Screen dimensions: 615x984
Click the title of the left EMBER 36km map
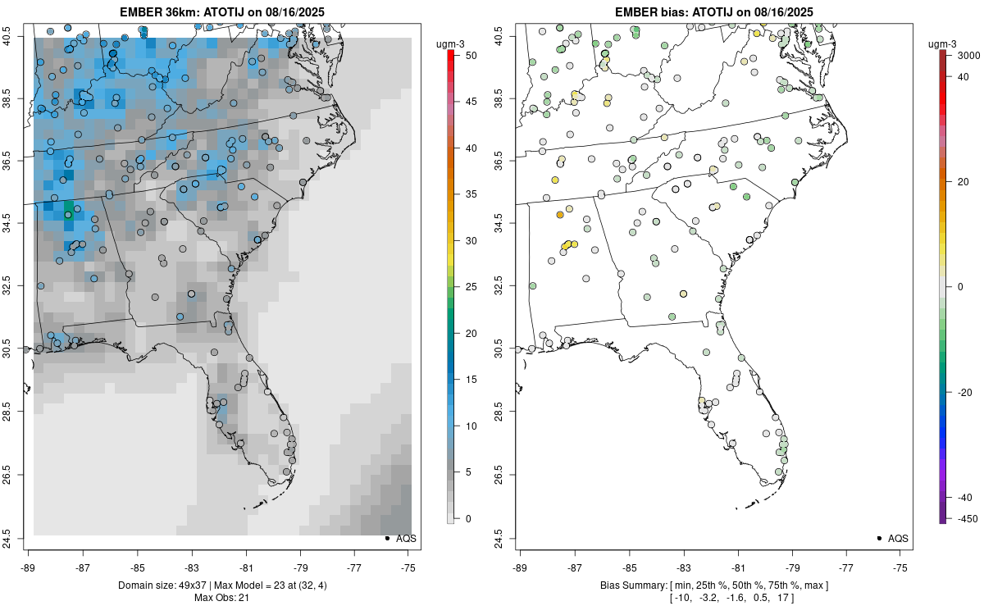pos(222,11)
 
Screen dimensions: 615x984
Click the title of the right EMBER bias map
pos(714,11)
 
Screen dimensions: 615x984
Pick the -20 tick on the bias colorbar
pos(965,392)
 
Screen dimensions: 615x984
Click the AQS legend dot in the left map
pos(387,539)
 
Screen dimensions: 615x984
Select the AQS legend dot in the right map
pos(879,539)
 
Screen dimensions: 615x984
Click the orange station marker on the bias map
pos(560,215)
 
